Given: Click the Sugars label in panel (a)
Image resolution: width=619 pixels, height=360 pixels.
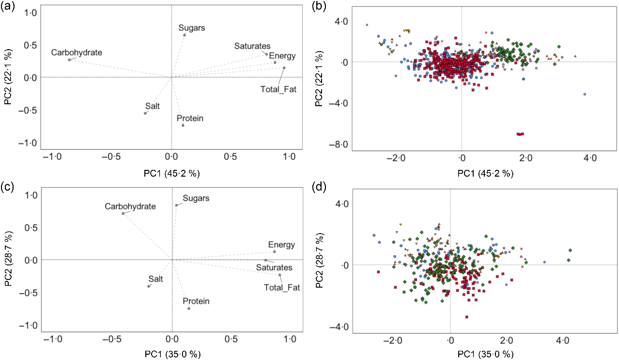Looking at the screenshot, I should [192, 28].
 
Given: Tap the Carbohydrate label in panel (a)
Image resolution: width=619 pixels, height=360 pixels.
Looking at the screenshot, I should [77, 53].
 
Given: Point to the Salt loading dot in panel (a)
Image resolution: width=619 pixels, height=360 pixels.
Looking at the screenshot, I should [145, 113].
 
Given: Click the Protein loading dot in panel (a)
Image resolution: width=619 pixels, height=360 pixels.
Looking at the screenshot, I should [183, 125].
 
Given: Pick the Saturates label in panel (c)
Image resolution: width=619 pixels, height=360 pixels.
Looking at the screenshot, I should [274, 268].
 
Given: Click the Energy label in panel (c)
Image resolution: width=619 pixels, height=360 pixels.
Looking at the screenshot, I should [281, 245].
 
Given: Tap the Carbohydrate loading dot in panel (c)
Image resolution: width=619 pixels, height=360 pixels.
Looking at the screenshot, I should [123, 213].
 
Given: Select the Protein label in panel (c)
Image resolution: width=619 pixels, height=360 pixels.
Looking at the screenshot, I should [196, 301].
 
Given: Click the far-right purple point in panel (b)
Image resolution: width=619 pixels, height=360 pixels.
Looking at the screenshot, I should [585, 95].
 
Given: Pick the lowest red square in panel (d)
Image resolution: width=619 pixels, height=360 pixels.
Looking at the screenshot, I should [467, 317].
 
